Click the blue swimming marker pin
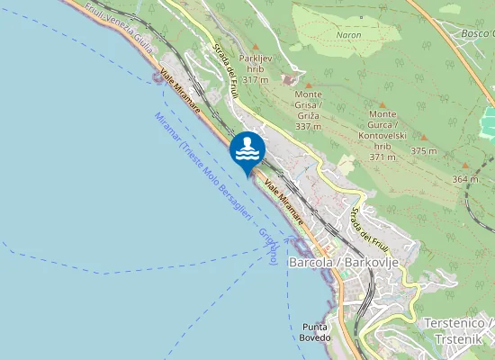coord(247,149)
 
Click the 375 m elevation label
coord(423,150)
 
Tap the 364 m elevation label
coord(464,179)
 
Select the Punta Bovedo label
coord(316,332)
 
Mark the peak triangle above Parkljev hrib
coord(256,46)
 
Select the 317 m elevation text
coord(256,80)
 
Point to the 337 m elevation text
coord(309,127)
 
